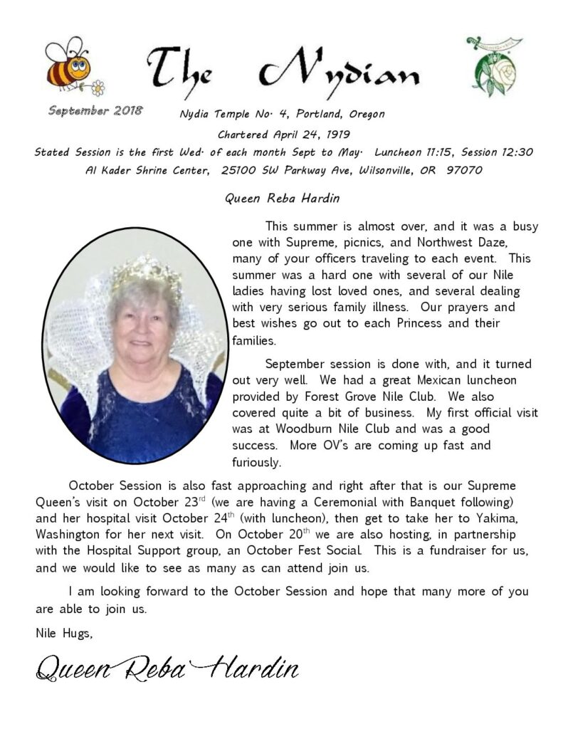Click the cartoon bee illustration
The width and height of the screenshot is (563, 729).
point(68,65)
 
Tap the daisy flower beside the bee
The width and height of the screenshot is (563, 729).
point(98,88)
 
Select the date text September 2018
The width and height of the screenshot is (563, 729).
point(95,110)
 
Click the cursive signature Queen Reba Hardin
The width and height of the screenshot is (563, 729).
point(167,668)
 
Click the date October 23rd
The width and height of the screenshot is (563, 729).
point(165,501)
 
